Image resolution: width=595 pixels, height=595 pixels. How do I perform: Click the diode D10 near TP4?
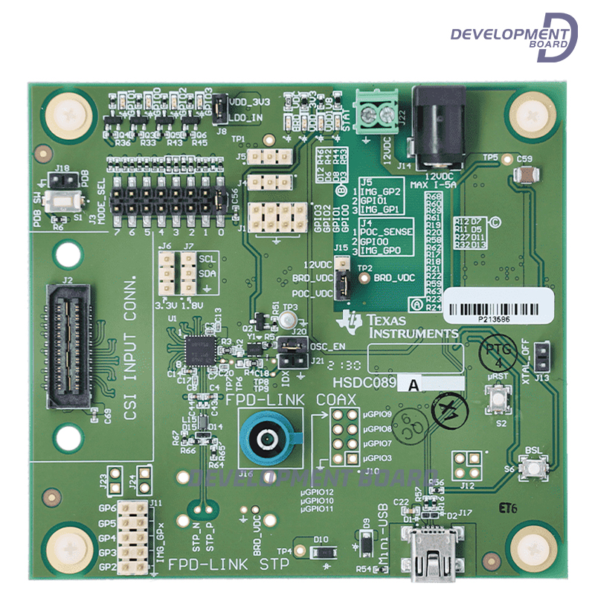[321, 551]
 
